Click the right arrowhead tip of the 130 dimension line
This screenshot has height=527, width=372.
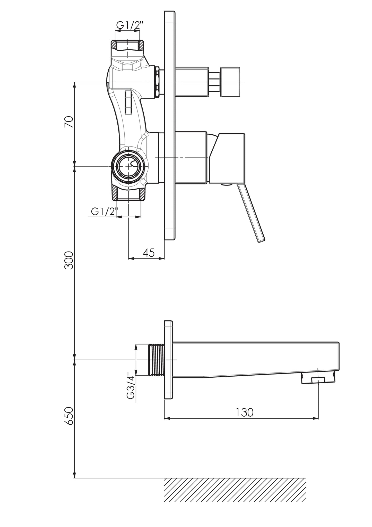pos(319,418)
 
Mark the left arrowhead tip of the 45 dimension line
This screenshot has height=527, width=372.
pos(128,258)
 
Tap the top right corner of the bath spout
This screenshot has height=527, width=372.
pos(339,342)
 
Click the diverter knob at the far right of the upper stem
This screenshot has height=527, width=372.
pos(231,82)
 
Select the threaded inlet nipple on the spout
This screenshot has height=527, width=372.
pos(156,359)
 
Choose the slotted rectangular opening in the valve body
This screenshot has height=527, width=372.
pos(128,102)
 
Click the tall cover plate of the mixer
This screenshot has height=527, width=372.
pos(170,126)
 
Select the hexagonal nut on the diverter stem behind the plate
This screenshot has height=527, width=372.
pos(157,82)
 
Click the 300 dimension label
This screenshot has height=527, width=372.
pos(69,260)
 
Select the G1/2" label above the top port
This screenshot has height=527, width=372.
pos(129,25)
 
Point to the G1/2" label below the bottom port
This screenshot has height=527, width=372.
pos(104,212)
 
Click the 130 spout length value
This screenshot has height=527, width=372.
pos(245,412)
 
